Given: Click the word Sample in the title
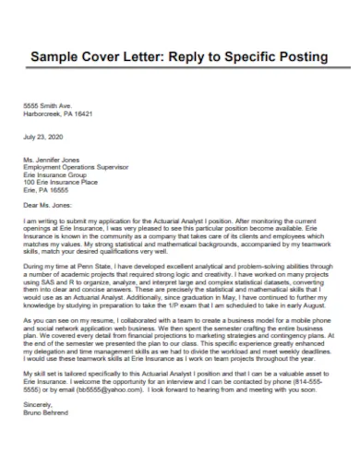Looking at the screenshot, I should coord(57,57).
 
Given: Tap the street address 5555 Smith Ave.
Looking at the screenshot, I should coord(45,105).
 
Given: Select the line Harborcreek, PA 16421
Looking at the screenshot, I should coord(58,114).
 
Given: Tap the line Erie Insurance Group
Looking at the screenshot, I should coord(54,173).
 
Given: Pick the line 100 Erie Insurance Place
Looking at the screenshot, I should coord(60,181).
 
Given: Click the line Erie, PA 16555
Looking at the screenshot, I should coord(45,188).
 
